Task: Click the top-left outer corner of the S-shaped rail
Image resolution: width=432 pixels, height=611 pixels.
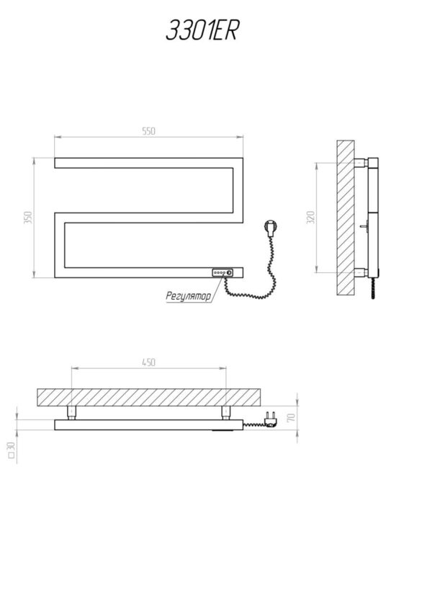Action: pos(55,158)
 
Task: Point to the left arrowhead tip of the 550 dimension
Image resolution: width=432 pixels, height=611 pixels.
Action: pos(55,137)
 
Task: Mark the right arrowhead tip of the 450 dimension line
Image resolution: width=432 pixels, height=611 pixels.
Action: pos(226,368)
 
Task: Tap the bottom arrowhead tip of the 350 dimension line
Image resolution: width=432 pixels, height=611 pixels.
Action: pos(35,277)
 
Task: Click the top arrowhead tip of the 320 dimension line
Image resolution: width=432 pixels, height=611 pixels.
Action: pos(317,163)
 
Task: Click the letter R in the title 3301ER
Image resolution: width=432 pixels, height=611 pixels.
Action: pos(230,30)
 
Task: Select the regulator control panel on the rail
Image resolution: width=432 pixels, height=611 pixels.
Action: pos(222,273)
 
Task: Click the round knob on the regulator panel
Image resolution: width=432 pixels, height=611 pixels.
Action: pos(229,273)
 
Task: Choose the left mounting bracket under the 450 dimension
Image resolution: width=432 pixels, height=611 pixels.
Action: pos(72,413)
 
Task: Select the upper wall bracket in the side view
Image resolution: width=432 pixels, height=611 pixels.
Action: pos(360,162)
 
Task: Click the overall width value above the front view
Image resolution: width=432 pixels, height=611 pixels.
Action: pos(148,131)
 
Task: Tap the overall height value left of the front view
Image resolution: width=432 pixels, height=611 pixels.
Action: pos(27,218)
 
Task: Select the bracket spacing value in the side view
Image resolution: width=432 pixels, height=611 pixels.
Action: pos(310,217)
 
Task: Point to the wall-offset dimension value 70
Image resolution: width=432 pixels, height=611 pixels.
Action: pos(291,418)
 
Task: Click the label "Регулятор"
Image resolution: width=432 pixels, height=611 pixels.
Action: pos(189,296)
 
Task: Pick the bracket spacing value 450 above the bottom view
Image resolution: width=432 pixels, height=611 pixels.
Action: pos(148,362)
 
